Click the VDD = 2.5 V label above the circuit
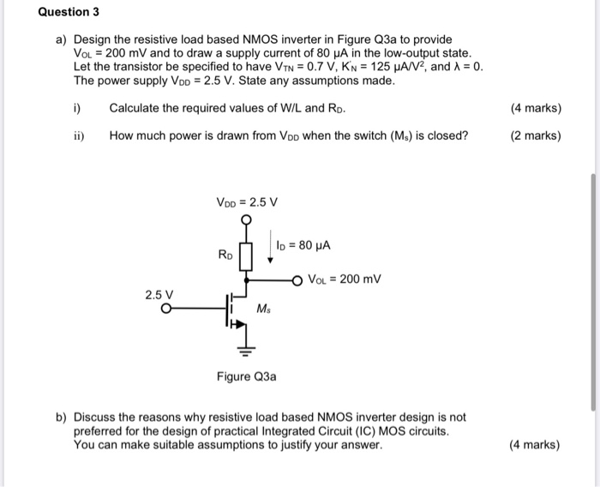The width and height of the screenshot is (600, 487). pyautogui.click(x=247, y=202)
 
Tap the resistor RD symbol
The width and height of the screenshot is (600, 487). pyautogui.click(x=247, y=254)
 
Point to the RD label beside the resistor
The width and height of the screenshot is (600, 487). pyautogui.click(x=225, y=255)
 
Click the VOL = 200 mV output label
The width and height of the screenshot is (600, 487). pyautogui.click(x=343, y=279)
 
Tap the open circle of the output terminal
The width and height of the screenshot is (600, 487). pyautogui.click(x=297, y=279)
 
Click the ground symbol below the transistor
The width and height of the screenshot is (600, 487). pyautogui.click(x=247, y=350)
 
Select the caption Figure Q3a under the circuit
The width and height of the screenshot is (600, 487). pyautogui.click(x=247, y=376)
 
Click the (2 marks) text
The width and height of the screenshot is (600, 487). pyautogui.click(x=535, y=135)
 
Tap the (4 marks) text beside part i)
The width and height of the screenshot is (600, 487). pyautogui.click(x=535, y=108)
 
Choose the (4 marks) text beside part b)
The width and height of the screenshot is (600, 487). pyautogui.click(x=535, y=445)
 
